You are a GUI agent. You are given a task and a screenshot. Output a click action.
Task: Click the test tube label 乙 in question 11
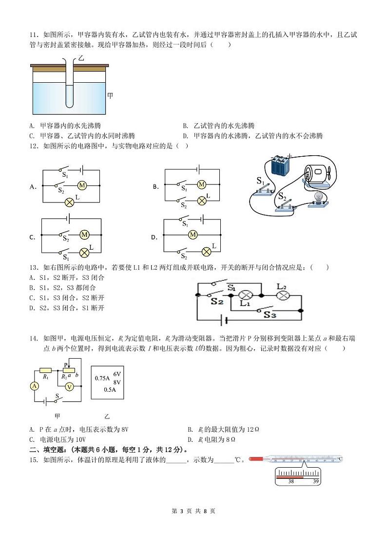pos(81,58)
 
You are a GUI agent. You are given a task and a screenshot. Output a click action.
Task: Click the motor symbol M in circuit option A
pos(82,185)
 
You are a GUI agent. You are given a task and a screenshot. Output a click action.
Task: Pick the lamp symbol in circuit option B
pos(201,200)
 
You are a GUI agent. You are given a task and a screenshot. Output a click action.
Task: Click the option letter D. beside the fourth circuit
pos(155,237)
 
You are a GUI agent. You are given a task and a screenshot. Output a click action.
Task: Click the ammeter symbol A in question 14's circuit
pos(35,386)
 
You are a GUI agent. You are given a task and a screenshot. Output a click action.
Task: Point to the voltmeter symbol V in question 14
pos(70,386)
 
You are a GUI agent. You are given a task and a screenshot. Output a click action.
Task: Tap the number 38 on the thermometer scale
pos(290,481)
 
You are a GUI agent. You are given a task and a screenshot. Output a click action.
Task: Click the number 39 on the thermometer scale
pos(315,481)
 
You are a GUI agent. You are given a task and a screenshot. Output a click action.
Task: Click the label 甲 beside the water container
pos(110,96)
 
